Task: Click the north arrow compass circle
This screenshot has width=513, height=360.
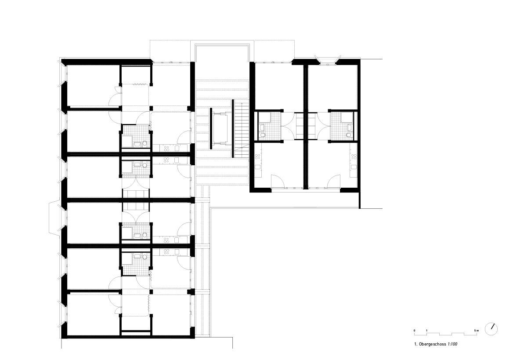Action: tap(491, 328)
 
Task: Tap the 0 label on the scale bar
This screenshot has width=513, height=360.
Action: tap(414, 330)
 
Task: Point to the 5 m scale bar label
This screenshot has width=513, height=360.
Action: tap(477, 330)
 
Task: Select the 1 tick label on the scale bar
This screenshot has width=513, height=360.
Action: tap(426, 330)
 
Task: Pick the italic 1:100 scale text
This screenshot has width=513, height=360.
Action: tap(452, 344)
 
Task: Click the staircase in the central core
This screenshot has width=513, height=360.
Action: tap(242, 129)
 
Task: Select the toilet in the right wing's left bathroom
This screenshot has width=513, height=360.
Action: tap(262, 135)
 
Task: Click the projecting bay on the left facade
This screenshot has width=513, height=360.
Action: tap(54, 218)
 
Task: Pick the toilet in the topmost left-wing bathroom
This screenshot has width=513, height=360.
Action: tap(138, 144)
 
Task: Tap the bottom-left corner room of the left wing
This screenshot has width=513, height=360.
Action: tap(93, 314)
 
